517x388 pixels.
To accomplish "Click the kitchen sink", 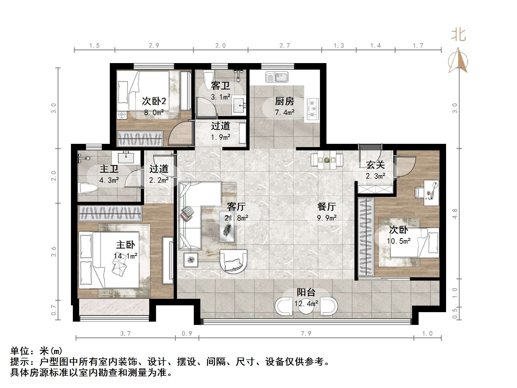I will coord(277,77).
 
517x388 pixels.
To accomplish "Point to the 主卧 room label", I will coord(125,245).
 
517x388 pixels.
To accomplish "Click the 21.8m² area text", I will coord(236,218).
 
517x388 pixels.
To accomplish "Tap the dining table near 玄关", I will coord(327,160).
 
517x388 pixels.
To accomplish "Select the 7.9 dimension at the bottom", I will coord(306,333).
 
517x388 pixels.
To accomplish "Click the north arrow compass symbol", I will coord(458,61).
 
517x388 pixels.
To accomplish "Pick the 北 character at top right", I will coord(459,35).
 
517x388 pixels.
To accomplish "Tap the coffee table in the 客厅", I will coord(227,227).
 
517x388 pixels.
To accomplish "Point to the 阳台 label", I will coord(306,292).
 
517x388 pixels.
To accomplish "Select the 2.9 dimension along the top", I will coord(154,46).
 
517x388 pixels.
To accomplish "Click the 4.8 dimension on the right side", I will coord(455,213).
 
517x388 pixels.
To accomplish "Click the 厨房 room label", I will coord(284,101).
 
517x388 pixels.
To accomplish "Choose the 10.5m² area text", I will coord(398,241).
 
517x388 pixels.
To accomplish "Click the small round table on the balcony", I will coord(306,307).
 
